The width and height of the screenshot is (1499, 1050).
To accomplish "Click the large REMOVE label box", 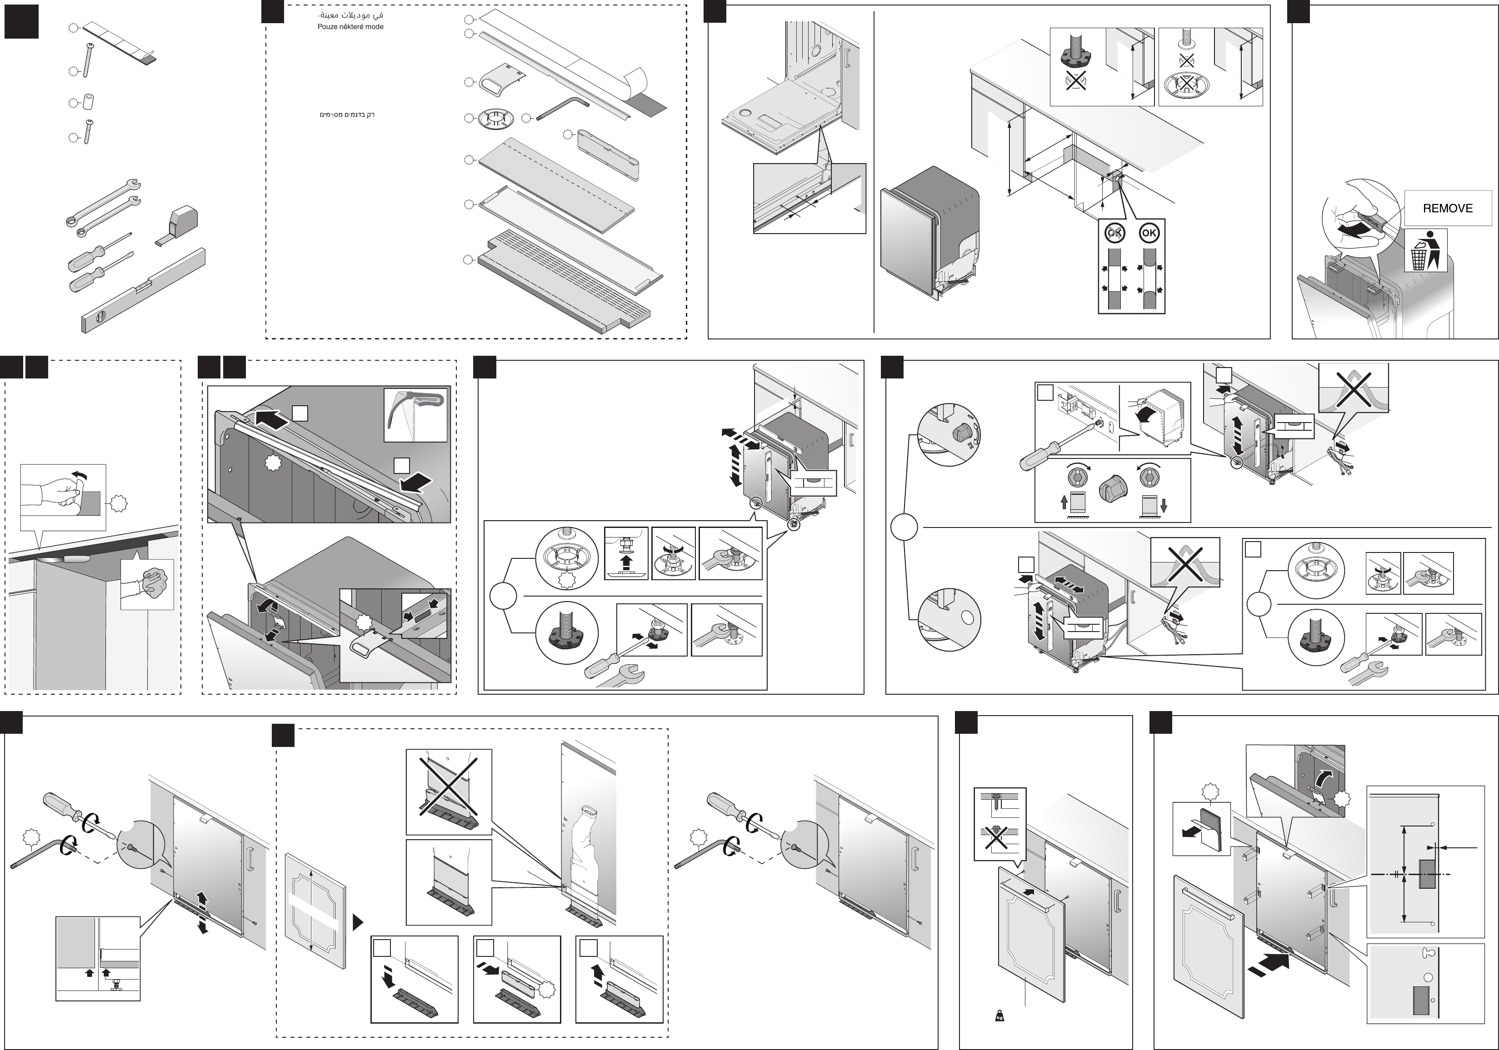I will point(1448,208).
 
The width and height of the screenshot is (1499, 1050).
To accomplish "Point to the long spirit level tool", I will point(144,290).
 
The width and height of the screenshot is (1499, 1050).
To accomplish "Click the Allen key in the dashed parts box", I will point(563,107).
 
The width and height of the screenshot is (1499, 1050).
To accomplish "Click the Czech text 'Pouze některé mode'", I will point(350,27).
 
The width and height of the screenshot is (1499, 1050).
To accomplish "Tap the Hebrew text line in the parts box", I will point(347,115).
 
